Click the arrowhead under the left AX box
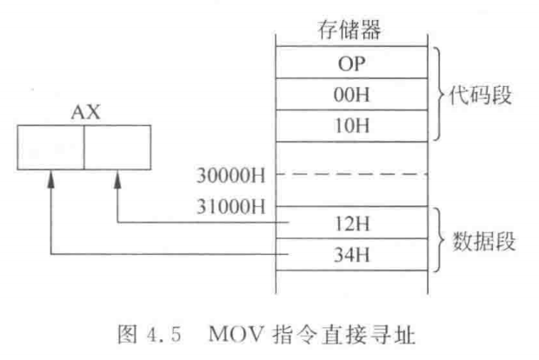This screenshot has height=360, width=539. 51,177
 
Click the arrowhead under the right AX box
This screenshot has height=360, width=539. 116,177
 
